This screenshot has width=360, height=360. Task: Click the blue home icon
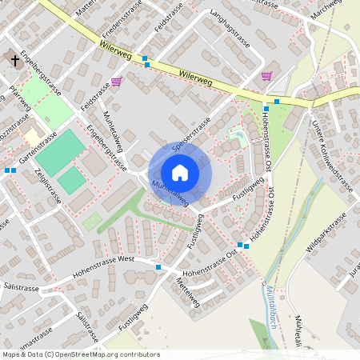point(180,173)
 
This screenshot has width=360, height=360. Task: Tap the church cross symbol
point(14,59)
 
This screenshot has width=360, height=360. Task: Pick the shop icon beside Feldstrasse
point(117,82)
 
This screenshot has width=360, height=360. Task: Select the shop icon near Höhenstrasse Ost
point(266,77)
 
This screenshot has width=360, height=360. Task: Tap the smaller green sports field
point(72,180)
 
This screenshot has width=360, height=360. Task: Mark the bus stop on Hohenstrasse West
point(158,267)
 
